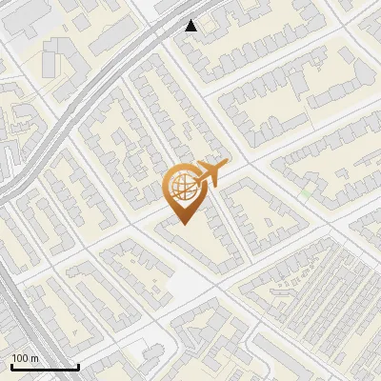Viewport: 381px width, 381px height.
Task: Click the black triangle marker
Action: (x=191, y=26)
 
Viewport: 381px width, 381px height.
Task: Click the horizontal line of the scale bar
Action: (x=44, y=367)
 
